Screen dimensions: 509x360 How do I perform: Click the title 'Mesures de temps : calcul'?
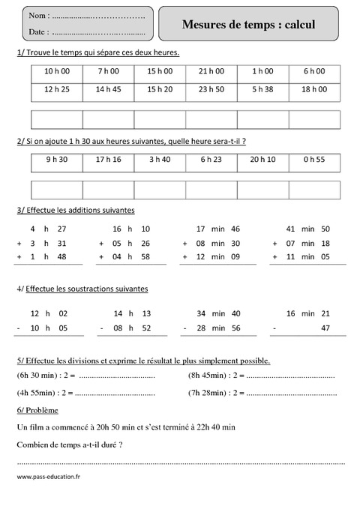248,25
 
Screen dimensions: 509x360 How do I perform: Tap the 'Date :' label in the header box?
39,32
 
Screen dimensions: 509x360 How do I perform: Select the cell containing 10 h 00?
57,71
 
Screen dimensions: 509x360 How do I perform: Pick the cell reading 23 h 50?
211,89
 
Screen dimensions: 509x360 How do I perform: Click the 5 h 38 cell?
262,89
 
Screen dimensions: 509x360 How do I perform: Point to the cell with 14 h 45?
109,89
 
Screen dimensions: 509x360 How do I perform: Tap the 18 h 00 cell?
313,89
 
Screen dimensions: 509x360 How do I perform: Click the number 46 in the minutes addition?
235,229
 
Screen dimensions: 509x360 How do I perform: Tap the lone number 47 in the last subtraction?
325,328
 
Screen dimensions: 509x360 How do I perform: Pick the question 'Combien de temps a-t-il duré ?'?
69,445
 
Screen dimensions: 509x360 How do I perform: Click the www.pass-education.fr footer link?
48,477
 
